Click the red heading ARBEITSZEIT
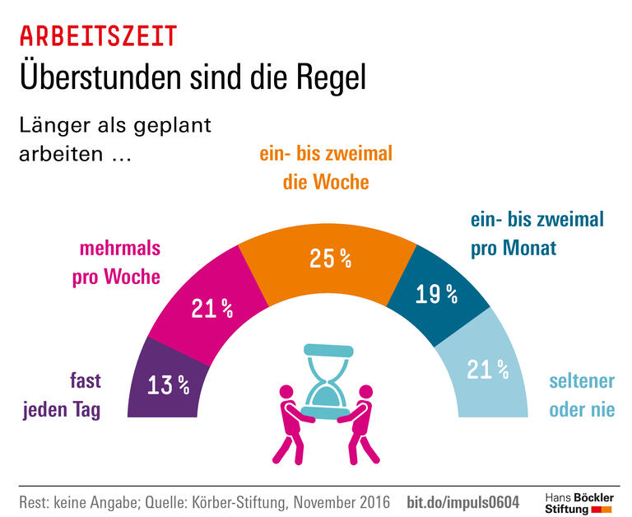point(98,36)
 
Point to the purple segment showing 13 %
point(168,384)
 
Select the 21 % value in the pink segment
point(211,309)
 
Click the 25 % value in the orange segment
point(330,258)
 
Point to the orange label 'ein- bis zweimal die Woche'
point(326,168)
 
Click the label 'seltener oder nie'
point(582,396)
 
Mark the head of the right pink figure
point(366,392)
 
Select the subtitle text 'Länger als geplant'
point(115,126)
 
